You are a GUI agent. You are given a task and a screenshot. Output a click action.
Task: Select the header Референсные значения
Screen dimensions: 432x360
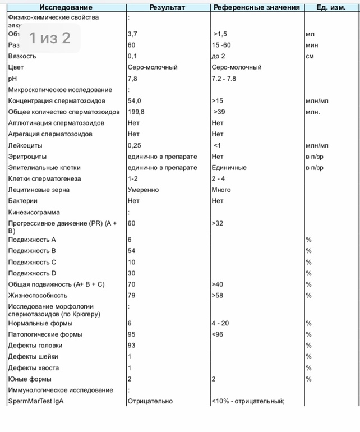point(256,7)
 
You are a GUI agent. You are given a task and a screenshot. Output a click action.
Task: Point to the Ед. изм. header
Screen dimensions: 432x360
point(331,7)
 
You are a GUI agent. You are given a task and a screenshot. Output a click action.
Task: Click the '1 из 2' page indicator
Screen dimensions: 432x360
point(50,38)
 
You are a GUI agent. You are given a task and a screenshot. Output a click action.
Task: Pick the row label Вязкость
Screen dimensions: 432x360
point(22,56)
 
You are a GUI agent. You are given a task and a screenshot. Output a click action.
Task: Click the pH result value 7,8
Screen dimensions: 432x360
point(132,79)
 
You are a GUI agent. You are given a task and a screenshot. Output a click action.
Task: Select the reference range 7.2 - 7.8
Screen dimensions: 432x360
point(224,79)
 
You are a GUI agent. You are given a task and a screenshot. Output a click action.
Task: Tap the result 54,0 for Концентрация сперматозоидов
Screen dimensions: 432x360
point(135,100)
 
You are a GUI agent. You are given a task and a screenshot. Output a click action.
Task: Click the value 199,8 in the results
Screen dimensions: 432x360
point(136,112)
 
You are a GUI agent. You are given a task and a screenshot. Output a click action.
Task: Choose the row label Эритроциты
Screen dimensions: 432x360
point(27,157)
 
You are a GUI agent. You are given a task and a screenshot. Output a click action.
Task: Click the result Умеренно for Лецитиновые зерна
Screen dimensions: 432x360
point(143,190)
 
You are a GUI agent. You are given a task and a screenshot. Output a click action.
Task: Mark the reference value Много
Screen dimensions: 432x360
point(221,190)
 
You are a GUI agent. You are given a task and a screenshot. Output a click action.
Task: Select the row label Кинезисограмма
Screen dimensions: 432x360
point(34,212)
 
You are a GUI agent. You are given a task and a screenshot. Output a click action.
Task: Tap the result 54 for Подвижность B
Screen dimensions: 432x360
point(132,251)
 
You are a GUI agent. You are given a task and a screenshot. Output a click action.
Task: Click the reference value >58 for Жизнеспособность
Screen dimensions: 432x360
point(218,295)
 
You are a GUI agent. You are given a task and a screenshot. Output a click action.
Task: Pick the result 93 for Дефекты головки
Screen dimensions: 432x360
point(132,345)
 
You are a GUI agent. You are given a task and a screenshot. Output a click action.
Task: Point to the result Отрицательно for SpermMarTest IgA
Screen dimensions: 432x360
point(150,401)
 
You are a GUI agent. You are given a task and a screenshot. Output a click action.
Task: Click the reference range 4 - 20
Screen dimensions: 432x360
point(221,323)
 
